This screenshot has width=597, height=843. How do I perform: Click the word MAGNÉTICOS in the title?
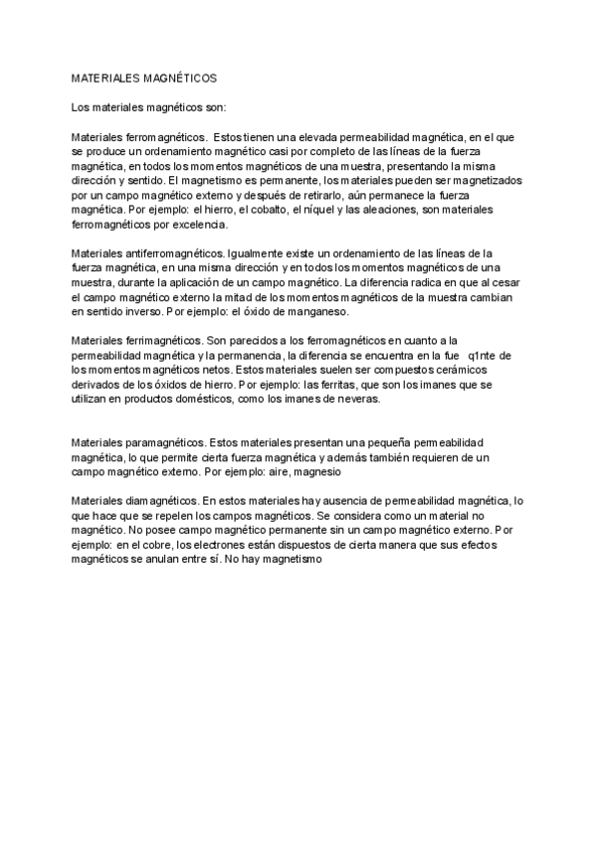click(x=174, y=77)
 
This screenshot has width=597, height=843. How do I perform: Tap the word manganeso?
click(x=311, y=312)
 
